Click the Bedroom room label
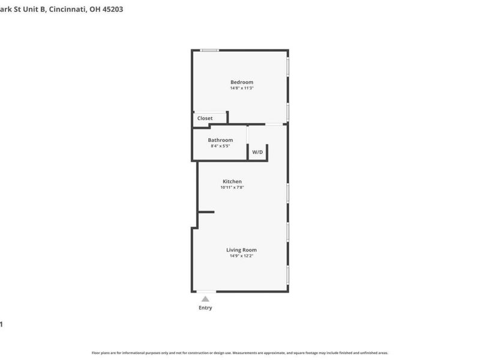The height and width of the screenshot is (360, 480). tap(242, 82)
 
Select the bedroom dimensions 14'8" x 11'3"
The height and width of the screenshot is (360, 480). tap(242, 88)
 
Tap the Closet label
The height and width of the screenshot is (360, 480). tap(205, 118)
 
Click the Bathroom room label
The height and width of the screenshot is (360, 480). tap(220, 140)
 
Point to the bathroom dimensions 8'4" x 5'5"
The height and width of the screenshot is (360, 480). tap(220, 146)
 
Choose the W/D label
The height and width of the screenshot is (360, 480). tap(257, 152)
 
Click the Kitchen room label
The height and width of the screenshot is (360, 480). tap(232, 181)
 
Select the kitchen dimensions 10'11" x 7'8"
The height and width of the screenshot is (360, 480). tap(232, 187)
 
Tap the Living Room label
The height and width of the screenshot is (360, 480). tap(241, 250)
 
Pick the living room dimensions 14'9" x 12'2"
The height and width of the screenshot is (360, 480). tap(241, 256)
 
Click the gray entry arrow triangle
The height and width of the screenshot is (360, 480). tap(205, 299)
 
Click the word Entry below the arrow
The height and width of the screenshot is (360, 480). tap(205, 308)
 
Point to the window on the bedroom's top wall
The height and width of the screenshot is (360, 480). tap(209, 50)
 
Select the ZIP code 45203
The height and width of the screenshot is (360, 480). tap(113, 10)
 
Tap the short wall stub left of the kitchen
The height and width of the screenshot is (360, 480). tap(206, 212)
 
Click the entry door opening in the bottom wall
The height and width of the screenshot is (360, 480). tap(206, 292)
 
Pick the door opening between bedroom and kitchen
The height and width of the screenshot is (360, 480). tap(274, 124)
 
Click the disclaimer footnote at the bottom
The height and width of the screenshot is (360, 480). tap(240, 353)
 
